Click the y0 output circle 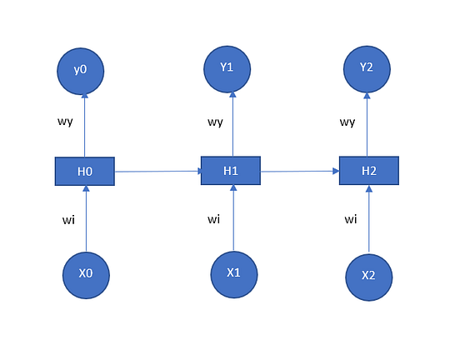click(x=81, y=70)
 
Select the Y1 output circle click(x=227, y=69)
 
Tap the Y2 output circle click(x=367, y=69)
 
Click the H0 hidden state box click(x=84, y=171)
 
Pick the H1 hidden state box click(x=231, y=170)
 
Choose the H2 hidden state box click(x=369, y=170)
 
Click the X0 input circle click(x=86, y=273)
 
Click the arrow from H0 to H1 click(x=157, y=171)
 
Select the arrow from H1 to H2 click(x=300, y=171)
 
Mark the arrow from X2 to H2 click(x=369, y=219)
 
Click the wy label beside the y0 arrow click(x=64, y=122)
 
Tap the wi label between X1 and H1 click(x=213, y=219)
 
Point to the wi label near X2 click(x=350, y=220)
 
